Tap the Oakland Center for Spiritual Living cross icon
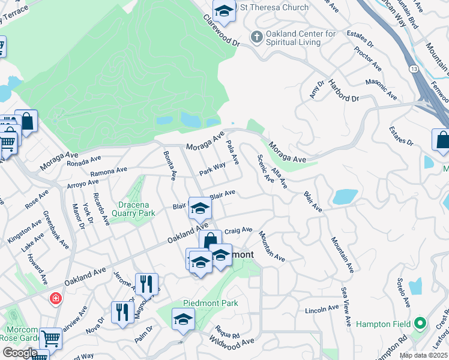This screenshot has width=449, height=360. pyautogui.click(x=256, y=38)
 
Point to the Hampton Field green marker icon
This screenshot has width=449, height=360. pyautogui.click(x=420, y=324)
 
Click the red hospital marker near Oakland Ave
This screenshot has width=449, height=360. pyautogui.click(x=55, y=298)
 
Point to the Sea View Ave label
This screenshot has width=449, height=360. pyautogui.click(x=345, y=306)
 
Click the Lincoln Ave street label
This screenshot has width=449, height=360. pyautogui.click(x=322, y=310)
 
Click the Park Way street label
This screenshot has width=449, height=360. pyautogui.click(x=212, y=167)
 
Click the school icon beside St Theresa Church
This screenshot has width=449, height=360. pyautogui.click(x=224, y=10)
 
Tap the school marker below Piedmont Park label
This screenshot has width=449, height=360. pyautogui.click(x=184, y=319)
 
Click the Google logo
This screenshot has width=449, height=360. pyautogui.click(x=20, y=352)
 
